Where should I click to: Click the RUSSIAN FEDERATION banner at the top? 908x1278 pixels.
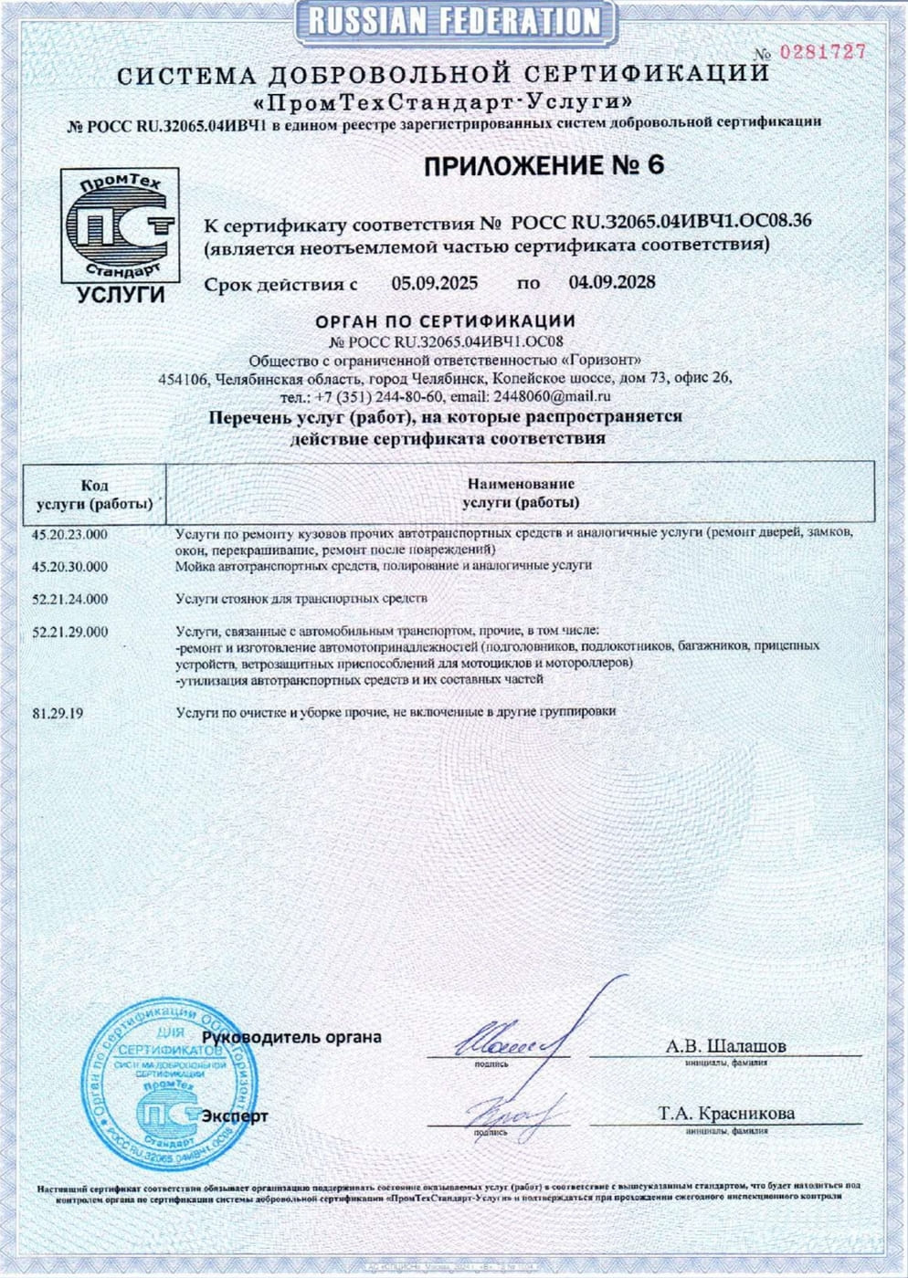point(454,21)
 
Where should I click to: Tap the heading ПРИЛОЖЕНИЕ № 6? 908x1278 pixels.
point(543,165)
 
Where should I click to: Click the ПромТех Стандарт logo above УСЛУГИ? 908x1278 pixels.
point(120,225)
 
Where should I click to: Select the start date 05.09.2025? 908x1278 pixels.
point(435,283)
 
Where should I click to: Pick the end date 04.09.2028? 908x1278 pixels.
point(611,282)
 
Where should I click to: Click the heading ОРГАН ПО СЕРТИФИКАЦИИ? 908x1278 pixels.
point(445,321)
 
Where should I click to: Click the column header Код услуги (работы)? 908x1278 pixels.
point(94,494)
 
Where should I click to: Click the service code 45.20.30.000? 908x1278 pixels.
point(69,567)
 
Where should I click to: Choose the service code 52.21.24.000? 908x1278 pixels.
point(69,600)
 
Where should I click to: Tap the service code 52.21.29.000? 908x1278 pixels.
point(69,632)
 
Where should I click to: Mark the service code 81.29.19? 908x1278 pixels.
point(58,713)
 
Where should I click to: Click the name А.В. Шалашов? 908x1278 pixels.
point(725,1046)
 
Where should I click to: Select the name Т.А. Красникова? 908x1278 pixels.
point(726,1114)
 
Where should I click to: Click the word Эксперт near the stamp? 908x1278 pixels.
point(235,1116)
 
